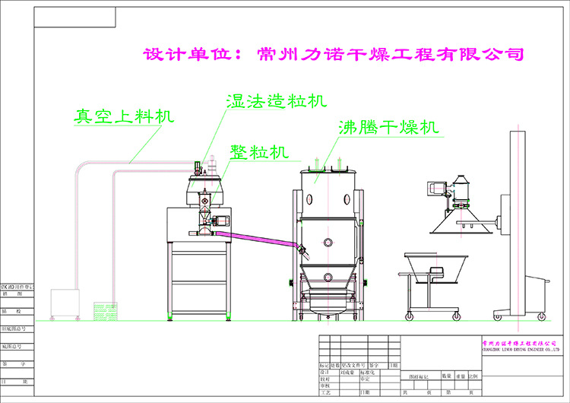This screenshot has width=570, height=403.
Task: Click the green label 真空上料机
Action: (x=124, y=117)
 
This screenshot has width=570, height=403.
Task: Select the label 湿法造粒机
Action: (x=276, y=101)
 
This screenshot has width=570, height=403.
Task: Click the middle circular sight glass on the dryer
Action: (x=328, y=243)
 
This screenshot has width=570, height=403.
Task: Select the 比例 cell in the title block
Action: (x=473, y=376)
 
